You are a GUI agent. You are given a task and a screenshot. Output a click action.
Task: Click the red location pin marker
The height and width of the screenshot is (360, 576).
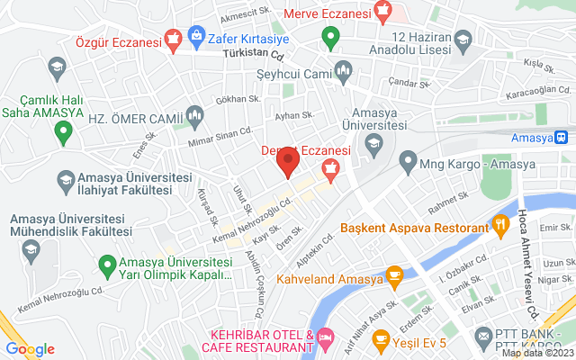point(288,163)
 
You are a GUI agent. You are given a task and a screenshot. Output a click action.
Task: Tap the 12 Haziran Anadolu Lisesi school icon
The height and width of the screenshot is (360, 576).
point(463,38)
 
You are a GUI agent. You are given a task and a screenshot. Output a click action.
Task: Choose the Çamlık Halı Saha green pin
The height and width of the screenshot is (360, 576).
point(63,132)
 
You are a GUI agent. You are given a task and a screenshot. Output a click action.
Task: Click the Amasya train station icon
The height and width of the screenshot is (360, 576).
point(562,138)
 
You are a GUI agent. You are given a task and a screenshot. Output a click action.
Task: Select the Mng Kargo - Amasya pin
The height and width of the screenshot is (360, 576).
point(407,163)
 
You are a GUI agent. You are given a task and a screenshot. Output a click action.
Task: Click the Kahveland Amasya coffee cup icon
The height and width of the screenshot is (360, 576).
point(393,274)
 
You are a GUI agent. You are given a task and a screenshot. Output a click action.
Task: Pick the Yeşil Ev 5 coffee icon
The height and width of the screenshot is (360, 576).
point(381,339)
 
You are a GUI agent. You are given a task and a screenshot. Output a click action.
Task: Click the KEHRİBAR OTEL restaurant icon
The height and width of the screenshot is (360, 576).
point(325,340)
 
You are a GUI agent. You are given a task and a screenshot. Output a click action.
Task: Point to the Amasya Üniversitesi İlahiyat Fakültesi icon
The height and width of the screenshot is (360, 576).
point(66,180)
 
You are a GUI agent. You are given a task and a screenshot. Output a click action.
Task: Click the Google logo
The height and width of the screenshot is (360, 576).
point(30,349)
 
